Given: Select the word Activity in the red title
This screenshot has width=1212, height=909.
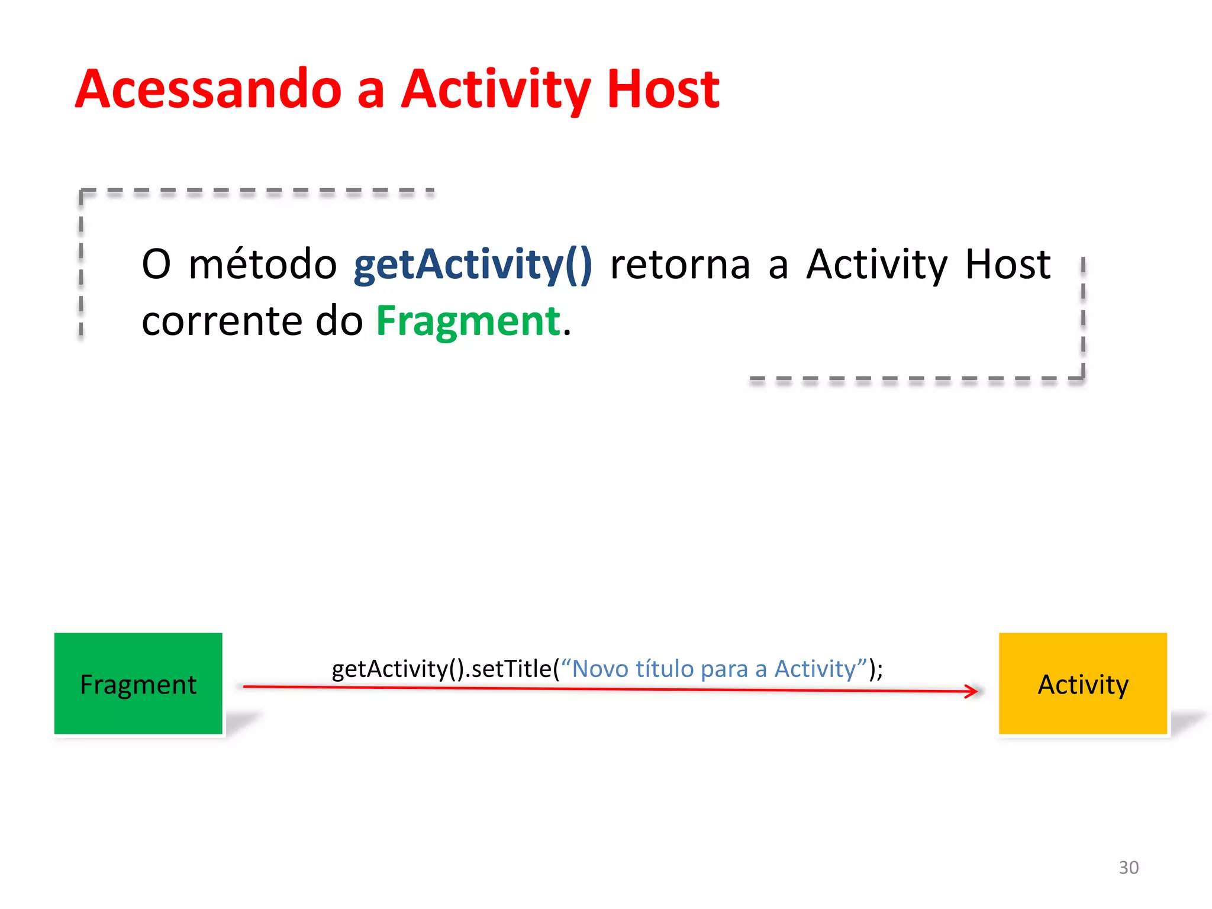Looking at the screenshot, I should tap(496, 90).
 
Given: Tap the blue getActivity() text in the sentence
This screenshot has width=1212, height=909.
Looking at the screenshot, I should tap(472, 265).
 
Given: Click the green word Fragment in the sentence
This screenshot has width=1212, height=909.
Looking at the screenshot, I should tap(468, 321).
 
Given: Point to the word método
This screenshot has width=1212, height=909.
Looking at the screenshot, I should tap(263, 265).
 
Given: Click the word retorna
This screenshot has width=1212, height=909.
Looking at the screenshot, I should tap(680, 265).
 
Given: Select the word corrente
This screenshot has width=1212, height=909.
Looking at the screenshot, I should tap(222, 321).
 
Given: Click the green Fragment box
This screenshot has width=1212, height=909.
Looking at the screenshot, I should tap(138, 684).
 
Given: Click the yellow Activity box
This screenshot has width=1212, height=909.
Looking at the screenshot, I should tap(1082, 684).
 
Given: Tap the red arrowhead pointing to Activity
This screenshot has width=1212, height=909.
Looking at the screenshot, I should tap(972, 691).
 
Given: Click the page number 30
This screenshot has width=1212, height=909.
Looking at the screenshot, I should tap(1128, 867).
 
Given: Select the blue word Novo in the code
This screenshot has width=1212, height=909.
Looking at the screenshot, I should tap(599, 669).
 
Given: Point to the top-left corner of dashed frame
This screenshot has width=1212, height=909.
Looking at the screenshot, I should tap(81, 191).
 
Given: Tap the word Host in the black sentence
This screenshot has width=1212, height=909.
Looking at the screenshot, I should tap(1007, 265).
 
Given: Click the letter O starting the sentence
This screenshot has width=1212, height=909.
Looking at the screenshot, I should tap(156, 265).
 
